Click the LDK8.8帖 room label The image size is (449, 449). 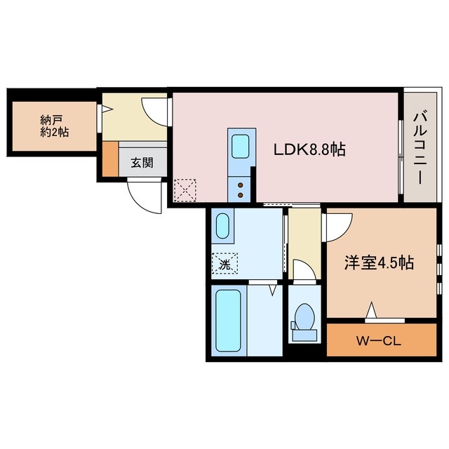pyautogui.click(x=309, y=149)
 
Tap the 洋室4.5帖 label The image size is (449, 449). pyautogui.click(x=378, y=263)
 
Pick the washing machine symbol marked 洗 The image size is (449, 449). pyautogui.click(x=224, y=264)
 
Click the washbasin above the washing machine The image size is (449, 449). pyautogui.click(x=222, y=227)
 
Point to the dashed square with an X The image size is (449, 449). pyautogui.click(x=185, y=189)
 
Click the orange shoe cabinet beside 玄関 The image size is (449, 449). pyautogui.click(x=110, y=160)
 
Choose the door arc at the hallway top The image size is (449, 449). pyautogui.click(x=155, y=111)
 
